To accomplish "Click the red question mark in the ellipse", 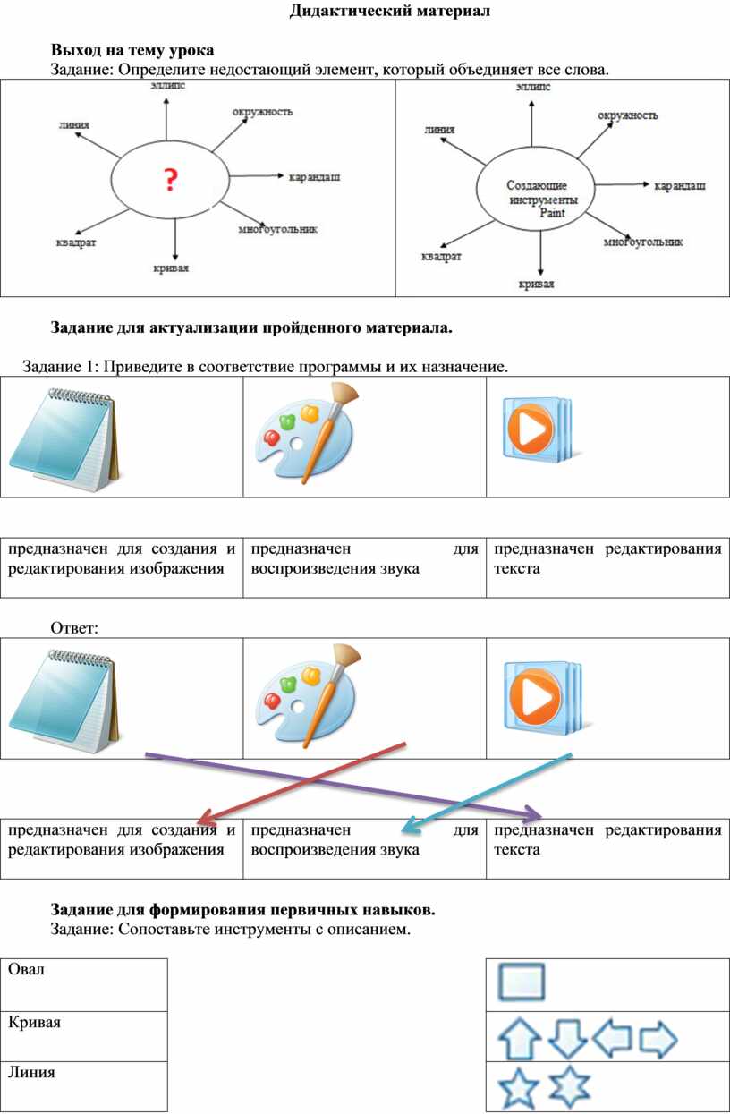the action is click(x=170, y=180).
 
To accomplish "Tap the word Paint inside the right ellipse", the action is click(x=553, y=213).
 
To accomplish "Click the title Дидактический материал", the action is click(x=390, y=11).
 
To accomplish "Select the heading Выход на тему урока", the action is click(x=132, y=50).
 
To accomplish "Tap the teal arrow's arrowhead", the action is click(x=411, y=827).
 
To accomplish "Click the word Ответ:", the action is click(x=74, y=628).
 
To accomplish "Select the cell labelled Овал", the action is click(x=83, y=984).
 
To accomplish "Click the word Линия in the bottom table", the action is click(x=31, y=1072).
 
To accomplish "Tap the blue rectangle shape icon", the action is click(x=522, y=982).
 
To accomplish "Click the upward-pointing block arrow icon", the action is click(x=519, y=1039).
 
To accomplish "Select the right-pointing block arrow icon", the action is click(x=658, y=1039).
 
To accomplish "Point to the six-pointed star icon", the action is click(x=570, y=1086).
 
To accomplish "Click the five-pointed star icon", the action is click(x=519, y=1088).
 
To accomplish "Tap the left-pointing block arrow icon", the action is click(x=612, y=1038).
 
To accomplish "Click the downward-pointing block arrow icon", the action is click(x=567, y=1040).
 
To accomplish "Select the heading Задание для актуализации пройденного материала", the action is click(x=251, y=328).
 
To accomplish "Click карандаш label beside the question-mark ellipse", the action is click(x=315, y=177).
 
